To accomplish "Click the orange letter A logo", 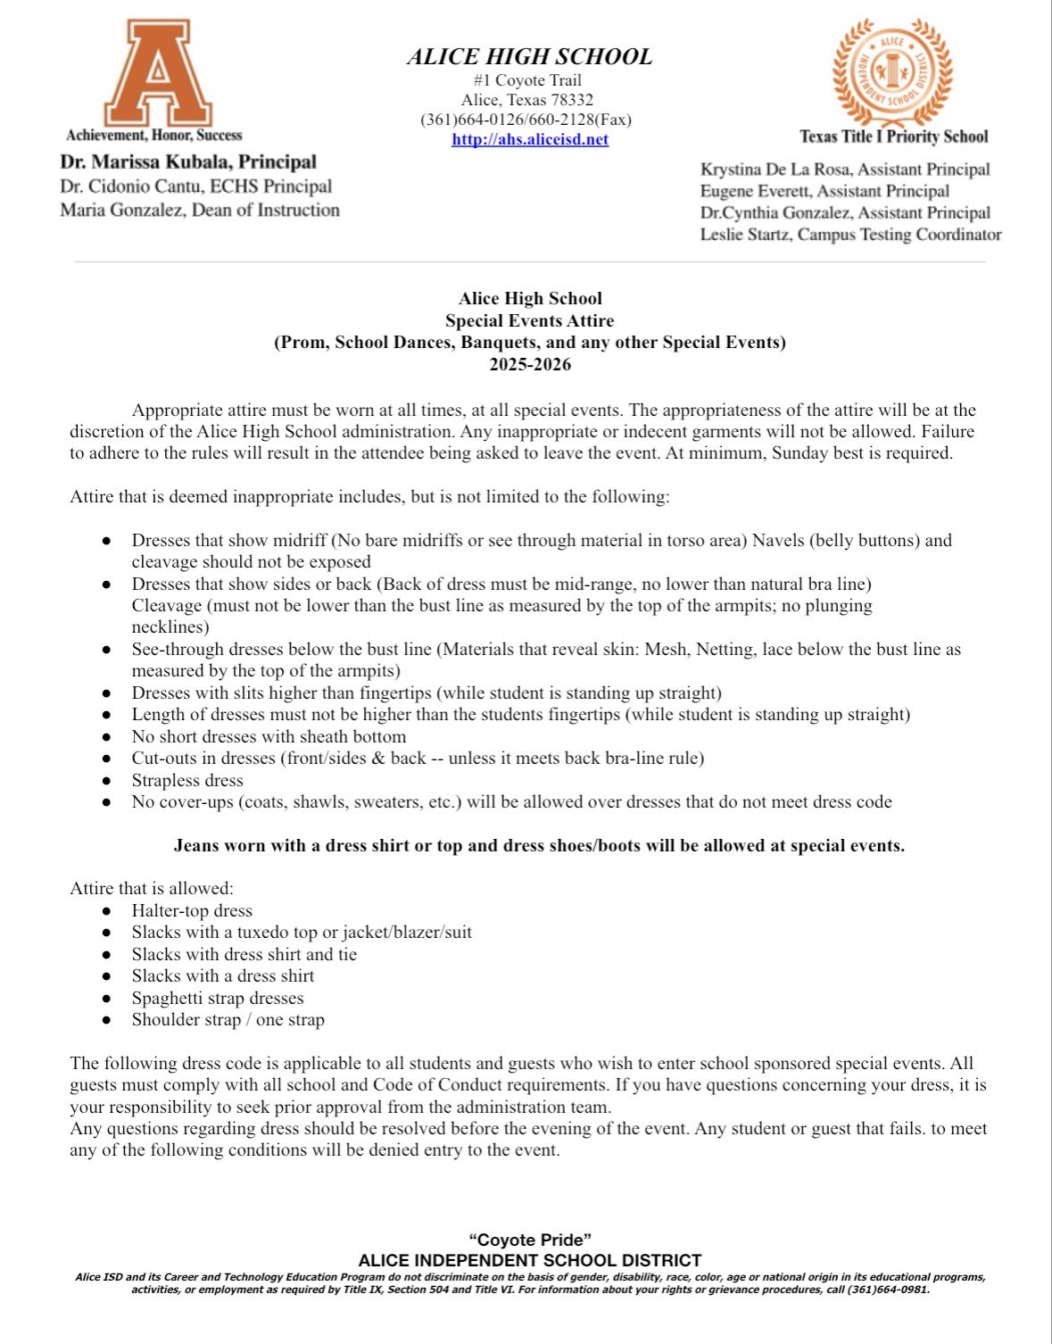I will click(158, 73).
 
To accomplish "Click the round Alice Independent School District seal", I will click(892, 73).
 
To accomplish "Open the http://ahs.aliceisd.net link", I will click(530, 139).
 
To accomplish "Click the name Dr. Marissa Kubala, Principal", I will click(188, 162).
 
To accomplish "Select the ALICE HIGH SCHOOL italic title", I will click(530, 57).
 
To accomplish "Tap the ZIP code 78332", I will click(573, 100).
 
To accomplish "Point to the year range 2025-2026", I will click(530, 364).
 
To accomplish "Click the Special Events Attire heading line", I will click(530, 320).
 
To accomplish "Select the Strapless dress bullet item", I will click(187, 780).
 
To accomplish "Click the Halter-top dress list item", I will click(192, 910).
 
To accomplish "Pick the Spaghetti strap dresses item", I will click(218, 998).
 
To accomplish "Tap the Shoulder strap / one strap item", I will click(228, 1019).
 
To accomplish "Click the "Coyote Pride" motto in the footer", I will click(530, 1240).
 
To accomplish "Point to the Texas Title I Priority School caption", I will click(893, 137).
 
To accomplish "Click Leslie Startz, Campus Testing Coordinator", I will click(850, 235).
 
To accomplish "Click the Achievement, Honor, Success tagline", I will click(154, 136).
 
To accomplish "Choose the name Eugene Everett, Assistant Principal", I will click(824, 191).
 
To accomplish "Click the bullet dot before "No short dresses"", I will click(106, 737).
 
